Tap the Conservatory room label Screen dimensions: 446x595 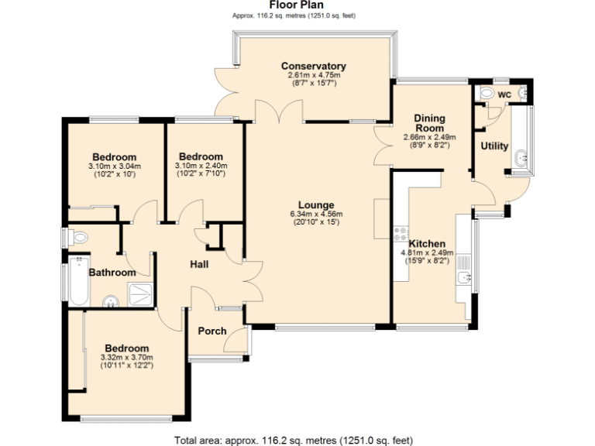click(x=313, y=66)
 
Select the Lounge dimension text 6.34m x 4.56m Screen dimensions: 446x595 click(x=315, y=214)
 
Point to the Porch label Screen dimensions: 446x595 click(x=212, y=331)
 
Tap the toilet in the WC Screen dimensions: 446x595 click(x=487, y=94)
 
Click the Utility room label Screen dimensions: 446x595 click(x=494, y=146)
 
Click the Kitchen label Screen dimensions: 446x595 click(x=427, y=242)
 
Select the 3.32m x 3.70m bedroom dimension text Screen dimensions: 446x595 click(x=127, y=358)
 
